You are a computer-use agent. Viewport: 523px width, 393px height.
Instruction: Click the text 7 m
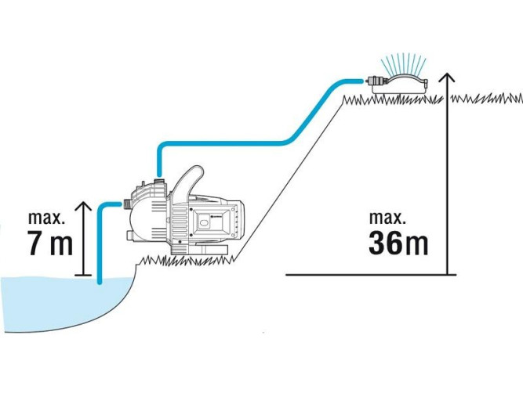49,243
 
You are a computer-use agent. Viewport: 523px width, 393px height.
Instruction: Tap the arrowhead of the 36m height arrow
446,77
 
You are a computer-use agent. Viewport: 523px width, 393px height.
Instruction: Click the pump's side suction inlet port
126,205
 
